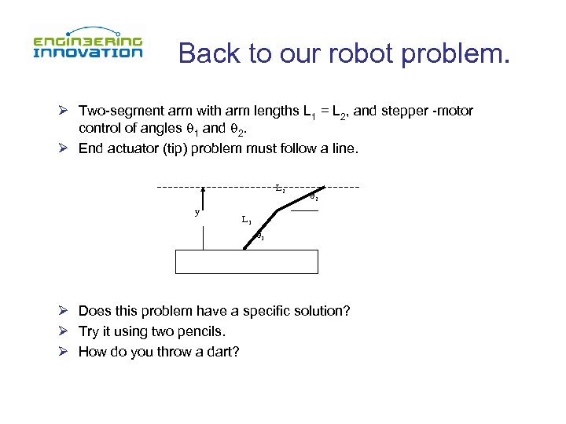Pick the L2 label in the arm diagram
[280, 188]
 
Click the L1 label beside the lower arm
[247, 219]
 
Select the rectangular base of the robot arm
[247, 261]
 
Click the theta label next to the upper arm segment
[313, 197]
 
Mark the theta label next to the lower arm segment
[260, 237]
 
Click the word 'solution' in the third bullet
[322, 311]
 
